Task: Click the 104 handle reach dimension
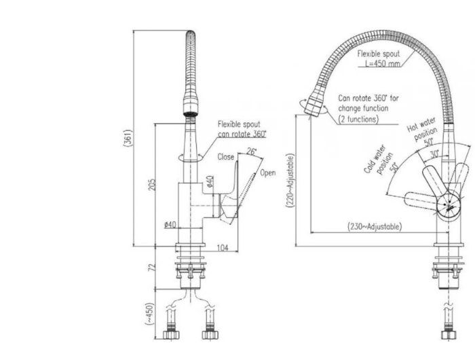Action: pyautogui.click(x=223, y=249)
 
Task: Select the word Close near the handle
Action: pyautogui.click(x=226, y=157)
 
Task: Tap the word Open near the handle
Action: pyautogui.click(x=268, y=173)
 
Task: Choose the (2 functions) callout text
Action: pyautogui.click(x=359, y=118)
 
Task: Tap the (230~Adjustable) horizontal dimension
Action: pyautogui.click(x=373, y=226)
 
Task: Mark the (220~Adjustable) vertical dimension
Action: pyautogui.click(x=290, y=185)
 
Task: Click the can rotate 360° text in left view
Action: pyautogui.click(x=242, y=134)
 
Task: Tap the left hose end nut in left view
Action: pyautogui.click(x=172, y=335)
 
